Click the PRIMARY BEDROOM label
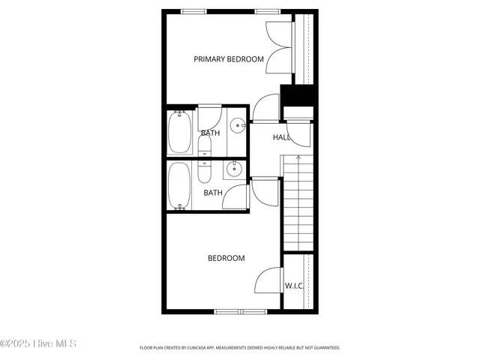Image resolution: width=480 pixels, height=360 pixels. click(229, 59)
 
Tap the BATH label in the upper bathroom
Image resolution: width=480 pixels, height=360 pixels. click(210, 133)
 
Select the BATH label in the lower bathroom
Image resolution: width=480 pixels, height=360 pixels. click(213, 193)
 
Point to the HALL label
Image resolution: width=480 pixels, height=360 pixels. click(281, 137)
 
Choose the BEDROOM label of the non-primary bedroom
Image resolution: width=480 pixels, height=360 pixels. click(226, 259)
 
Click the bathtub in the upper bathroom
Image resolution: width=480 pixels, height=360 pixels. click(180, 131)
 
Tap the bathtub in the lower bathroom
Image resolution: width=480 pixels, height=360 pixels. click(179, 185)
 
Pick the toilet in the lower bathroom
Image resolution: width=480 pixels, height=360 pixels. click(205, 172)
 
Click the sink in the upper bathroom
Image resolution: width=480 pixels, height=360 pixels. click(236, 126)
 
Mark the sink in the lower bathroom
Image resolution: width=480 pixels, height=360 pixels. click(235, 169)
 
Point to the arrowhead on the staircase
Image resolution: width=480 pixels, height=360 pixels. click(298, 157)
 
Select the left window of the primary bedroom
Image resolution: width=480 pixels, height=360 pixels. click(194, 11)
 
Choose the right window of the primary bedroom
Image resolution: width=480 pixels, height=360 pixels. click(266, 11)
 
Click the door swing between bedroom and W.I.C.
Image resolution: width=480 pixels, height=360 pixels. click(268, 282)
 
